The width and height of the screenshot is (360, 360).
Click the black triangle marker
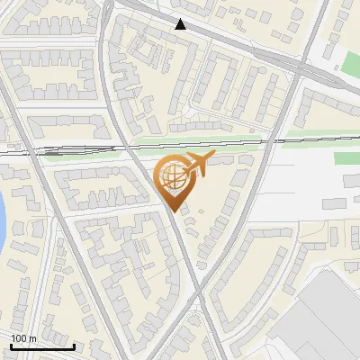pyautogui.click(x=181, y=24)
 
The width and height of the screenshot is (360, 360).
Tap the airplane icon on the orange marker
pyautogui.click(x=197, y=165)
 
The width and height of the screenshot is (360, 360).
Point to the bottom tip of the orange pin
pyautogui.click(x=174, y=211)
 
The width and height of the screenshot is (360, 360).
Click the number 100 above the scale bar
pyautogui.click(x=18, y=337)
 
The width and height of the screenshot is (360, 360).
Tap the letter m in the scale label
pyautogui.click(x=32, y=337)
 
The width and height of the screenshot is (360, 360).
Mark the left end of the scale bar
pyautogui.click(x=11, y=346)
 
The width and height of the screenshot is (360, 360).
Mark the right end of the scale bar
pyautogui.click(x=74, y=346)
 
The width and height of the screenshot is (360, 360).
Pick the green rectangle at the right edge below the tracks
pyautogui.click(x=346, y=158)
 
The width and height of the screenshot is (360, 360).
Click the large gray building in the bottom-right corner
pyautogui.click(x=328, y=315)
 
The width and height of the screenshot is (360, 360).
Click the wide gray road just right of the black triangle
pyautogui.click(x=216, y=36)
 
